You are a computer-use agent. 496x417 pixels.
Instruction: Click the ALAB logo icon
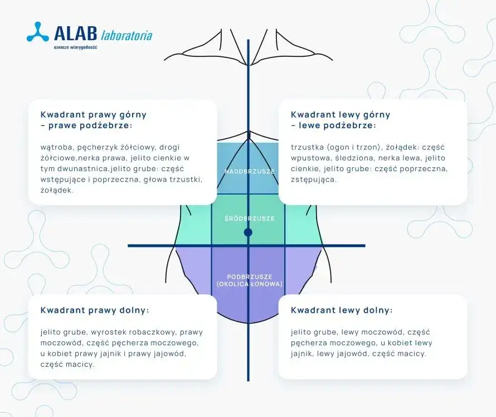point(37,32)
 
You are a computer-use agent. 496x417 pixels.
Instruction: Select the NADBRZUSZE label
point(249,171)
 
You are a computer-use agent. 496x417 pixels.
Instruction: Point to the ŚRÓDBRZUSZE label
point(249,219)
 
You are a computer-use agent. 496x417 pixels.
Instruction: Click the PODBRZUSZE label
point(249,277)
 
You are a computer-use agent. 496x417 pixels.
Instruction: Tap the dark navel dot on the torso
point(248,232)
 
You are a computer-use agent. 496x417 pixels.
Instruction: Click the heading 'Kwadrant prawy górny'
point(94,114)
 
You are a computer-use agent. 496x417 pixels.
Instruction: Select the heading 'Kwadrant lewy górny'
point(341,114)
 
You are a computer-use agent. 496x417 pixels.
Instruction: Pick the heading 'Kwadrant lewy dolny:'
point(342,310)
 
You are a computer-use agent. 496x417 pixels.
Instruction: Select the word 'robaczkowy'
point(155,332)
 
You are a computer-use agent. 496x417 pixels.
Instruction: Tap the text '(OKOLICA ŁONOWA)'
point(249,284)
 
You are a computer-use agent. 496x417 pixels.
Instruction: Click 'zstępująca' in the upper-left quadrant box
point(314,180)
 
